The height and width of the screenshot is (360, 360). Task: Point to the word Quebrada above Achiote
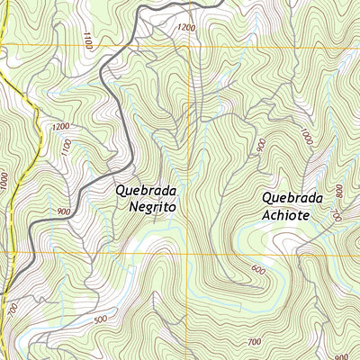292,198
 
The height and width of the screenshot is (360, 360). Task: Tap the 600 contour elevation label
259,270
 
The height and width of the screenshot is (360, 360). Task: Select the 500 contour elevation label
99,319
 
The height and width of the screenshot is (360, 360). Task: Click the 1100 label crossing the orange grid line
87,40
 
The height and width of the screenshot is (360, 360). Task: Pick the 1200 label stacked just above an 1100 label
61,128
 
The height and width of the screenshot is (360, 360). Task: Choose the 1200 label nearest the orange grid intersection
186,28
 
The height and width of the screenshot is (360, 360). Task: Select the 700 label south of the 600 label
254,342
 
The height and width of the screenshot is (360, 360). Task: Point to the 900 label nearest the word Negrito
63,211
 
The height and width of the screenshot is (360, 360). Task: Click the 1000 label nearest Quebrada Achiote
308,137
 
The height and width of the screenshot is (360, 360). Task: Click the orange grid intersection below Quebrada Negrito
189,255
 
